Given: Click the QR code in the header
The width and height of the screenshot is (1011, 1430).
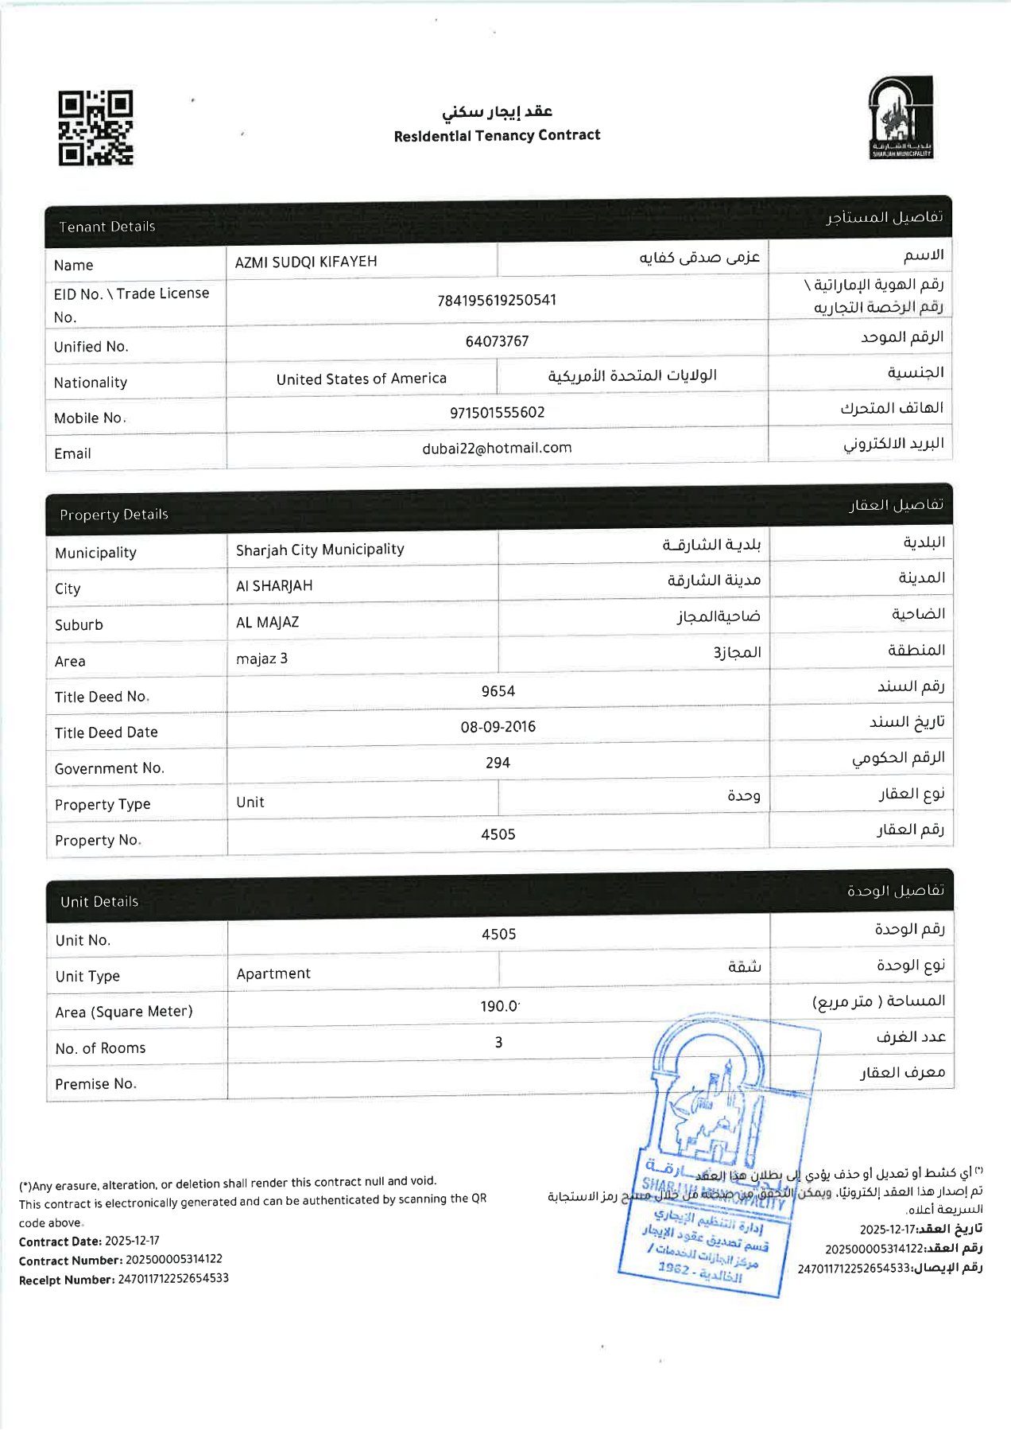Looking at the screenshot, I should [x=95, y=127].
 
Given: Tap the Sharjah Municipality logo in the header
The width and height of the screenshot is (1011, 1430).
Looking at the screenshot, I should [x=901, y=118].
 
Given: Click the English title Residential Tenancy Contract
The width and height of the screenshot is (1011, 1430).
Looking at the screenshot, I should [x=497, y=135].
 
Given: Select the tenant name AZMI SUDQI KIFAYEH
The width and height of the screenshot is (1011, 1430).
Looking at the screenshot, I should [x=306, y=262].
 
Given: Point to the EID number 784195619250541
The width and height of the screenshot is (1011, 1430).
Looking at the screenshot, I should [x=497, y=300].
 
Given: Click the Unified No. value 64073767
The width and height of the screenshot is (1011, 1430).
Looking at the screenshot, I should [x=497, y=341].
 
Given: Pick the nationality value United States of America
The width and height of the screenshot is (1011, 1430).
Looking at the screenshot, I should [x=361, y=379].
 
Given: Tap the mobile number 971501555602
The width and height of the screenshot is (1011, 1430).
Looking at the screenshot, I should [x=497, y=412].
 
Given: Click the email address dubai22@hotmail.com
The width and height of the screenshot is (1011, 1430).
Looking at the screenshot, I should [x=497, y=448].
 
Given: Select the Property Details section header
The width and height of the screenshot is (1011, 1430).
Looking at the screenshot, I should [x=114, y=515].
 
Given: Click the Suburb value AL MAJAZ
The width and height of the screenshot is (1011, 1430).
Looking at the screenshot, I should [x=267, y=622].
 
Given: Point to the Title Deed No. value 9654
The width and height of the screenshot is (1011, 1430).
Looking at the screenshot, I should [x=498, y=691].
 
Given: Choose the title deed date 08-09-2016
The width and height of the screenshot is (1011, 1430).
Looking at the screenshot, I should [x=498, y=726].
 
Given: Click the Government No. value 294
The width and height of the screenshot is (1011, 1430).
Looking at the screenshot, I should [x=498, y=763].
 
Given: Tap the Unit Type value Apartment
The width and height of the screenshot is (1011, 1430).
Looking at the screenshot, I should [x=273, y=973].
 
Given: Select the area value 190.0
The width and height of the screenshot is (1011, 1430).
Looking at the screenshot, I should [x=499, y=1006].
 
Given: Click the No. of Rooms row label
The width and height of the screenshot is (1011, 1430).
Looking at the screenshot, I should [x=100, y=1048].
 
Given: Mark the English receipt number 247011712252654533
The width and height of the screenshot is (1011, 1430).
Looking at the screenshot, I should [x=173, y=1278].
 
